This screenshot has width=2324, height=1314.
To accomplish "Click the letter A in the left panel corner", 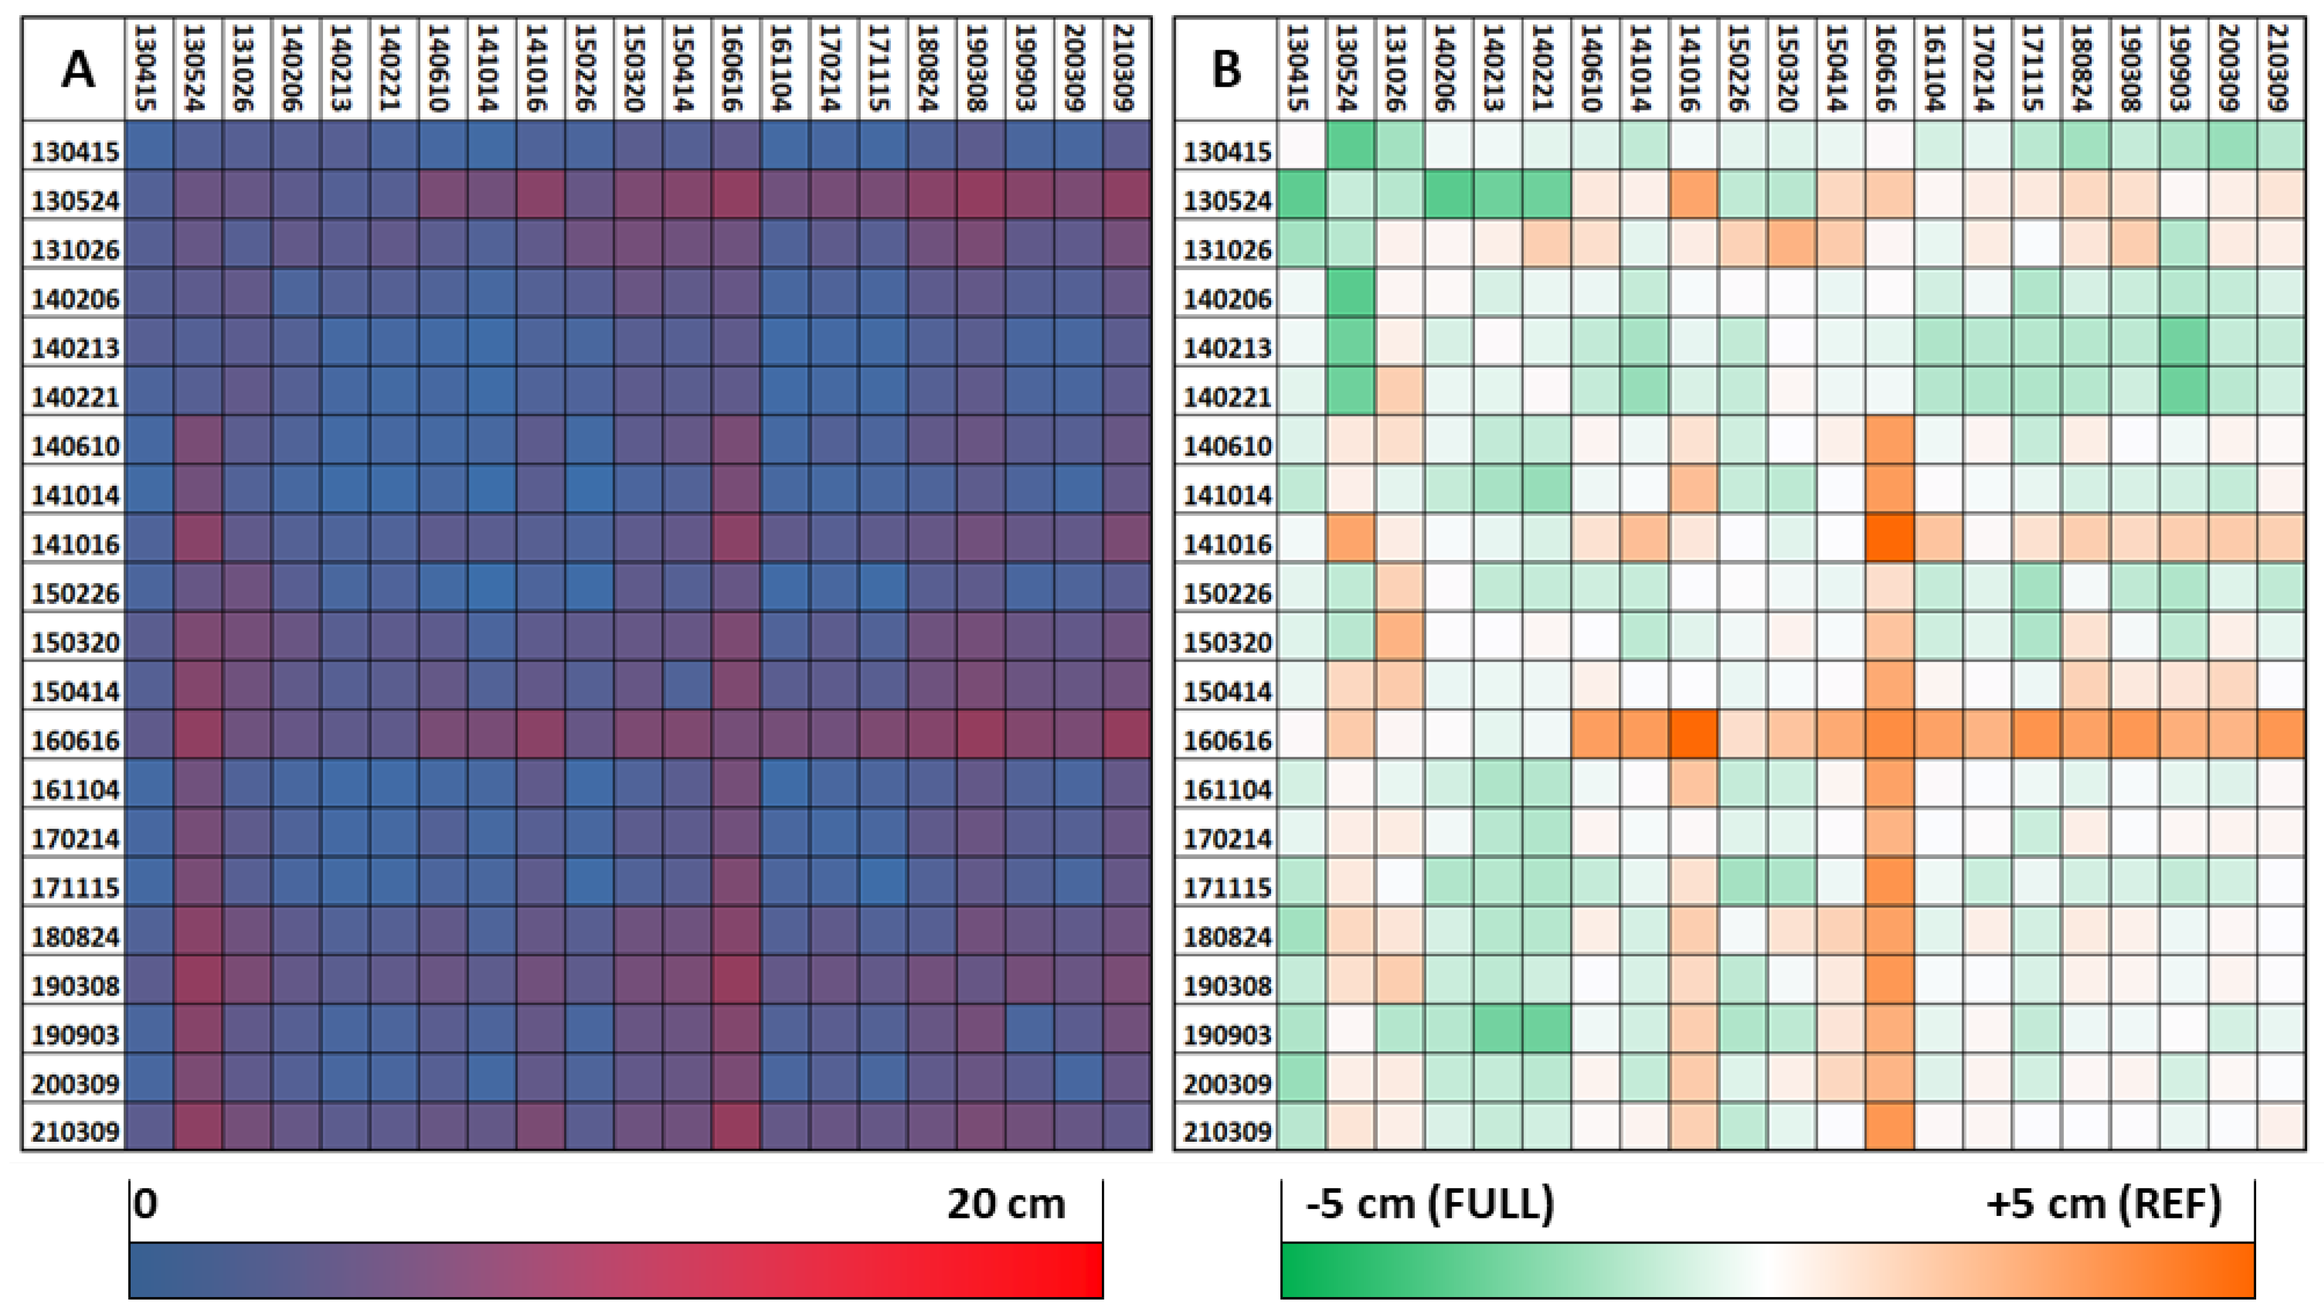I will coord(77,68).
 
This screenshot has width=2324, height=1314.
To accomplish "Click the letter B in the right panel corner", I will coord(1226,68).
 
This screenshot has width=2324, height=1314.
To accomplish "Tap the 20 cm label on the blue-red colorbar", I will coord(1005,1204).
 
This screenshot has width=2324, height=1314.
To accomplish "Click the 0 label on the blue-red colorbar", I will coord(145,1204).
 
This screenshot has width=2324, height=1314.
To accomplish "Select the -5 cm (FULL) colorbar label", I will coord(1430,1204).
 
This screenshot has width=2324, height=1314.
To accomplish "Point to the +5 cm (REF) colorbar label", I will coord(2103,1204).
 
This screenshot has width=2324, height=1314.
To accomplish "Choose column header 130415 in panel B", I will coord(1301,68).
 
